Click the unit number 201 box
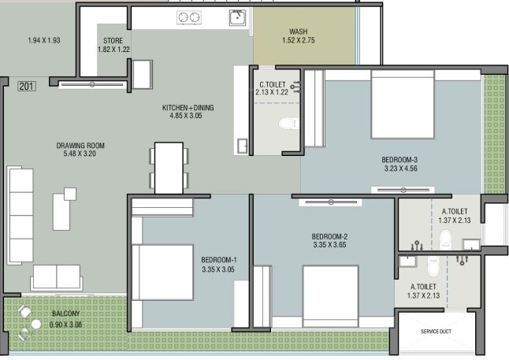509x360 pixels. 27,87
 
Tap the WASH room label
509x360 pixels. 299,32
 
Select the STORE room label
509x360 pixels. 113,41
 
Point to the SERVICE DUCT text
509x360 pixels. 436,332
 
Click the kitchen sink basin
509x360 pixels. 237,17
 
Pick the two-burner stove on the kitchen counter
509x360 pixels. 189,17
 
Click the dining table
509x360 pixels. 169,168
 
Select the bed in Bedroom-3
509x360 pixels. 403,105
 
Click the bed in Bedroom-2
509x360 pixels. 330,296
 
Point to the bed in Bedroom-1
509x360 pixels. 162,272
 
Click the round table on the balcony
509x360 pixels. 36,324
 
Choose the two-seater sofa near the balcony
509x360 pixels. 57,277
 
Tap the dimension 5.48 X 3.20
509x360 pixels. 80,154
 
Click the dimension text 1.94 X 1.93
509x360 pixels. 44,41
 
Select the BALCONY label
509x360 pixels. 66,314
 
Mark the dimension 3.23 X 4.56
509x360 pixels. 401,168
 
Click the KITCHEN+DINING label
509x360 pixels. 188,107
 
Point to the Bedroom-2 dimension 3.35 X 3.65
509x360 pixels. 330,245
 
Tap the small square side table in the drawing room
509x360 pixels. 70,194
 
